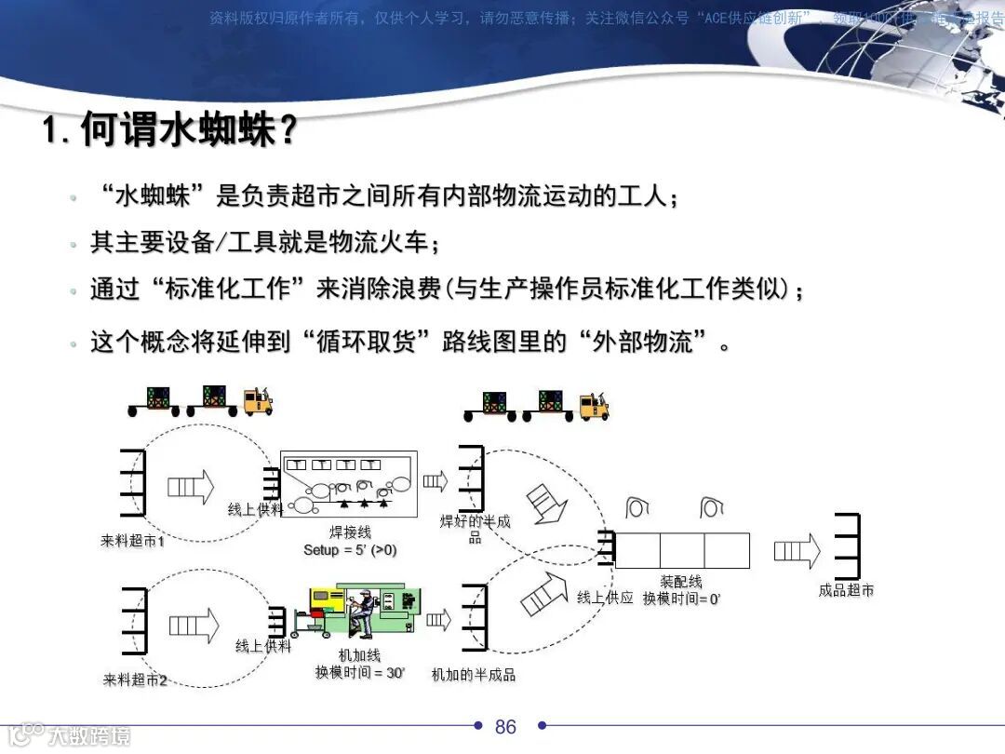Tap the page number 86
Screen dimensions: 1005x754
click(x=505, y=726)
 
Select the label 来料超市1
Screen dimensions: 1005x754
click(x=133, y=540)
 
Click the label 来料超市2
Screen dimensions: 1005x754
click(x=135, y=680)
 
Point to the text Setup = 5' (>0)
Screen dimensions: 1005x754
click(x=350, y=549)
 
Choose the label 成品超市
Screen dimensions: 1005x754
click(x=846, y=590)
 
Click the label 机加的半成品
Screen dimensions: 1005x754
click(x=474, y=675)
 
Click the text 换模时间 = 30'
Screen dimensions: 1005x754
click(x=359, y=672)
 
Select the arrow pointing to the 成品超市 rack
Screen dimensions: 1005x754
click(x=797, y=551)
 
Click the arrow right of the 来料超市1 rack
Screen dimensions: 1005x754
click(x=190, y=487)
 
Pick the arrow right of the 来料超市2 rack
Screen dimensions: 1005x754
click(x=194, y=626)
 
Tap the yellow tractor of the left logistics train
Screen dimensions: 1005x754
click(x=257, y=401)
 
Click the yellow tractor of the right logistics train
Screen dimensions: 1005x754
click(x=593, y=406)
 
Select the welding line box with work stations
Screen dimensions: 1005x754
click(x=349, y=484)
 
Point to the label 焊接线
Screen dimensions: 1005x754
click(x=351, y=533)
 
